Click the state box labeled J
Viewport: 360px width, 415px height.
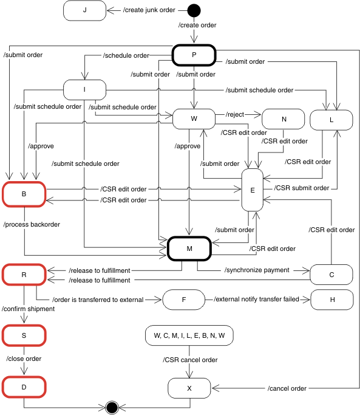click(84, 10)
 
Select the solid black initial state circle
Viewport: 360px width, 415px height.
click(194, 10)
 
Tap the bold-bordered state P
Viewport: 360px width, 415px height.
click(194, 55)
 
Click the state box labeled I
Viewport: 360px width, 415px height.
click(84, 90)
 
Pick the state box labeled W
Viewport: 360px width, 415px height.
click(194, 118)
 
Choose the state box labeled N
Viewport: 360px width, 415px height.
click(284, 119)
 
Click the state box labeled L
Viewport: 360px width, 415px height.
click(331, 120)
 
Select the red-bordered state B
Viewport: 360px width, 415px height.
click(24, 194)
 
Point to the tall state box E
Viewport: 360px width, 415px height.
click(252, 190)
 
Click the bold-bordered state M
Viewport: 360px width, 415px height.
click(189, 248)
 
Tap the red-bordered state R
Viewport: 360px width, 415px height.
click(24, 274)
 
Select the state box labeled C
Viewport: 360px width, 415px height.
click(331, 274)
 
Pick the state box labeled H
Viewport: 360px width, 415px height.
click(331, 300)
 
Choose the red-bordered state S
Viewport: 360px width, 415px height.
click(24, 334)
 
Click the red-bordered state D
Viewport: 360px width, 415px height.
click(24, 385)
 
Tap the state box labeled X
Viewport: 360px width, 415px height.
click(189, 386)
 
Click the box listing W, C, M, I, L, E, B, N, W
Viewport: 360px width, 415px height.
click(189, 335)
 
